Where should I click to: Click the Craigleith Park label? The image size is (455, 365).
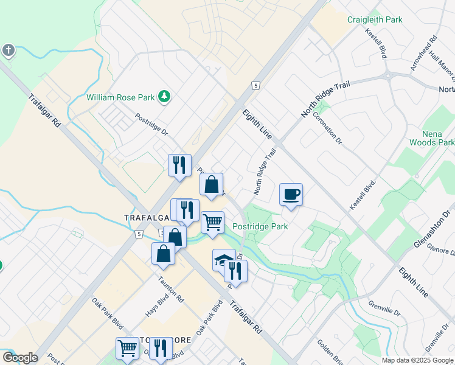pos(375,20)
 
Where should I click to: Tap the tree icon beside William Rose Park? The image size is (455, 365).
pos(164,96)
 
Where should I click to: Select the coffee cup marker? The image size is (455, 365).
pos(291,195)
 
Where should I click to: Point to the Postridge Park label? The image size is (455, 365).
pos(260,226)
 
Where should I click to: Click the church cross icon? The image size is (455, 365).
pos(8,50)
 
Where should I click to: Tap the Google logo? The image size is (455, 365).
pos(19,358)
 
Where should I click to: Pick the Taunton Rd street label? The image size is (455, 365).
pos(171,289)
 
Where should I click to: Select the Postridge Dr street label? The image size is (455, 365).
pos(151,125)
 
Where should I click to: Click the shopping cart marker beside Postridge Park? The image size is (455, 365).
pos(212,222)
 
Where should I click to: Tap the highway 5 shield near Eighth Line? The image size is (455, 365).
pos(257,86)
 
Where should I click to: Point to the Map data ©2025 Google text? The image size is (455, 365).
pos(417,360)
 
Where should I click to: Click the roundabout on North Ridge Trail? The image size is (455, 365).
pos(387,76)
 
